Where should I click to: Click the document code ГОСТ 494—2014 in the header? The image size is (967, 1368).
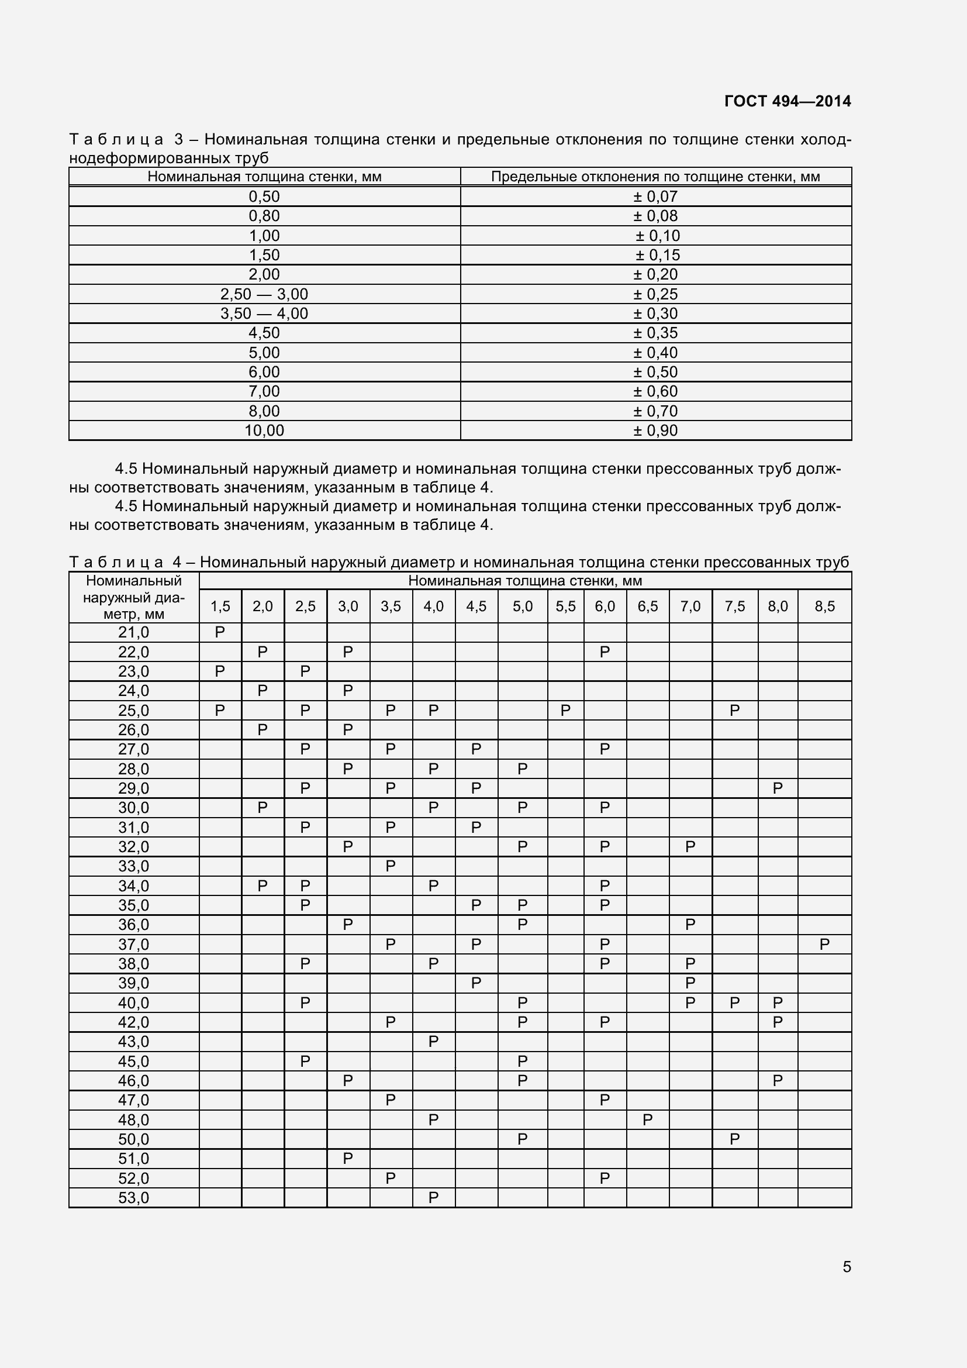(787, 101)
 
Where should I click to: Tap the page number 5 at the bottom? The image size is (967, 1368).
(847, 1267)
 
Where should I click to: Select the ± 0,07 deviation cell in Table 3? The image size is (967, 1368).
(655, 197)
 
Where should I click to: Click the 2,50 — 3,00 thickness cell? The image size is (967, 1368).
(264, 294)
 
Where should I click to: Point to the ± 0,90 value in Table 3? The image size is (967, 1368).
(655, 431)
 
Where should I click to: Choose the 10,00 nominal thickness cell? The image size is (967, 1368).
(264, 431)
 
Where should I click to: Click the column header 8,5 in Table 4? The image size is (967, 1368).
(824, 607)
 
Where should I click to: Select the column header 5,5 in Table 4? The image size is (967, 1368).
(565, 607)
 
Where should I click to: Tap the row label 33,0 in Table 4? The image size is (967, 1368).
(133, 866)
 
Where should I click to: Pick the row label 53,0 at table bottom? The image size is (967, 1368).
(133, 1198)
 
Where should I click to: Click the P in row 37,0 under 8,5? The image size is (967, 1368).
(824, 945)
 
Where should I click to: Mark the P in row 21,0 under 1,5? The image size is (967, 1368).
(220, 633)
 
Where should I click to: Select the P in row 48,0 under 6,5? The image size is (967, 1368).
(647, 1120)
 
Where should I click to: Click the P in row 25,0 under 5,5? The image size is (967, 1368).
(565, 711)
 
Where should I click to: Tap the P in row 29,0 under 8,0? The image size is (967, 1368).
(777, 789)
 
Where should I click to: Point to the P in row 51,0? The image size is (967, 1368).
(348, 1159)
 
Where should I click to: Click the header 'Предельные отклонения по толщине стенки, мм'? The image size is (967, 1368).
(655, 177)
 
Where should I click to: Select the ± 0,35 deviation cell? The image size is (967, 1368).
(655, 333)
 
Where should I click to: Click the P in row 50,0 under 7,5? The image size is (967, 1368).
(734, 1140)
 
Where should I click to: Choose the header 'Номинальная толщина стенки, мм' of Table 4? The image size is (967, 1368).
(524, 581)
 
